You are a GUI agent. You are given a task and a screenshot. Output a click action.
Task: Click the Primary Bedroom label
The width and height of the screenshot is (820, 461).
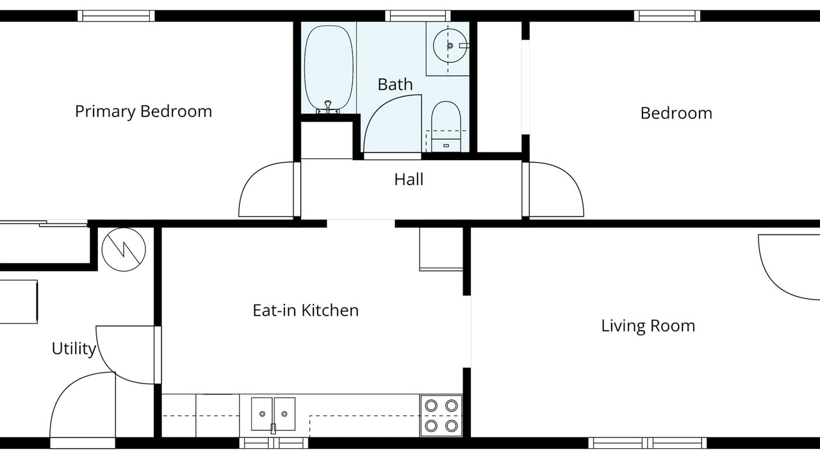click(143, 111)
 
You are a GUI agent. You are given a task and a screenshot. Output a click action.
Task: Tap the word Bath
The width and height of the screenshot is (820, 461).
click(395, 85)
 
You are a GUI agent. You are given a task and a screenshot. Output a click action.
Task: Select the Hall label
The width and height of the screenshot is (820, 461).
click(409, 179)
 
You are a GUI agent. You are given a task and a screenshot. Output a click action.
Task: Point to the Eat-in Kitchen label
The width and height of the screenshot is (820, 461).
click(306, 311)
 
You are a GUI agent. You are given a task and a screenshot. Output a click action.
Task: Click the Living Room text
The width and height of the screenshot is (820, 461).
click(648, 326)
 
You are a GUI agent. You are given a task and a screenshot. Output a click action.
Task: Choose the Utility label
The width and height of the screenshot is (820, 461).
click(74, 349)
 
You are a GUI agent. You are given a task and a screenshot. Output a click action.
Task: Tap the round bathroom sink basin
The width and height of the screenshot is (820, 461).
click(450, 45)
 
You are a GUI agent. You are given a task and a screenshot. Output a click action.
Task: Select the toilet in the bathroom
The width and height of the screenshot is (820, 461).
click(445, 126)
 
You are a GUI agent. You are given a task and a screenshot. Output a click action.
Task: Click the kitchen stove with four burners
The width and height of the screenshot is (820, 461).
click(441, 416)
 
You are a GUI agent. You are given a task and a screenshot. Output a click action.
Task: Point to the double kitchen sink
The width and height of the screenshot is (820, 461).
click(273, 414)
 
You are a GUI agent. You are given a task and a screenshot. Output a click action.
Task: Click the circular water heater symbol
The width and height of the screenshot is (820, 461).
click(124, 250)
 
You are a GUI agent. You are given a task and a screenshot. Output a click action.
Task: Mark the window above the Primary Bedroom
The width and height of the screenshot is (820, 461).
click(116, 16)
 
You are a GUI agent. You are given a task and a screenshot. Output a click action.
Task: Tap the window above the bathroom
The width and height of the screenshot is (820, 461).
click(418, 16)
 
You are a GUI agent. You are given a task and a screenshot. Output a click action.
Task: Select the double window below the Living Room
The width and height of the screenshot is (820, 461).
click(648, 442)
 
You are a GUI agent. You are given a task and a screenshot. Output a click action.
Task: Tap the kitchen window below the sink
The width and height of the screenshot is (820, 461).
click(274, 442)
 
